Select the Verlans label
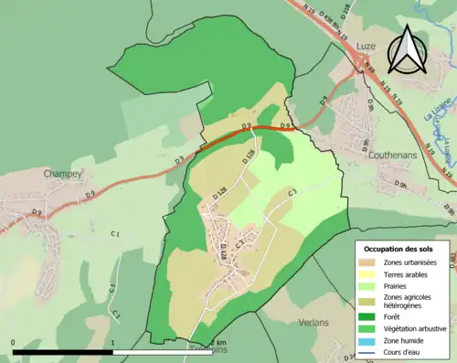coord(314,323)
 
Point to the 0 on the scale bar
coord(14,343)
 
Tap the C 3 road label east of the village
coord(293,193)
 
